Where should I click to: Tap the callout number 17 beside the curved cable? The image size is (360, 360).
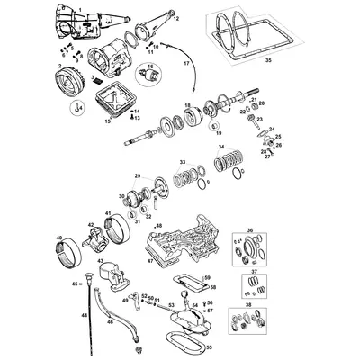point(186,65)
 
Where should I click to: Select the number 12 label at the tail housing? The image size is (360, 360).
point(175,17)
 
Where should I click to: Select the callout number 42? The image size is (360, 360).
point(90,225)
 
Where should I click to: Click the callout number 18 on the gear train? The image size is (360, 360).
point(186,106)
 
